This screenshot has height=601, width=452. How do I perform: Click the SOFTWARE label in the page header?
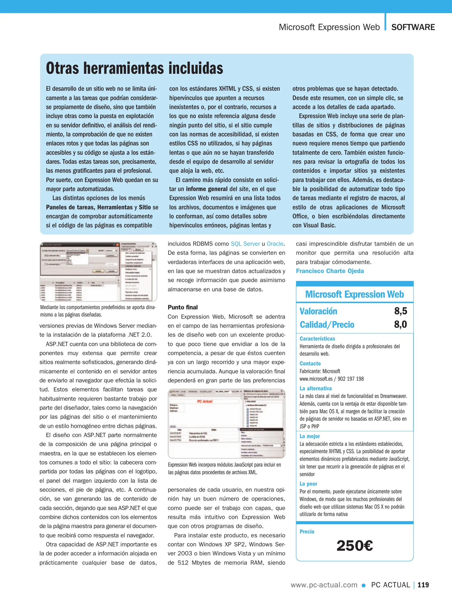[413, 27]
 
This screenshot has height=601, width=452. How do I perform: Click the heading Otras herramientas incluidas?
[134, 68]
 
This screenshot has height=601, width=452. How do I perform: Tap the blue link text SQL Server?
[245, 244]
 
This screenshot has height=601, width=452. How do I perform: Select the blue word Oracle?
[275, 244]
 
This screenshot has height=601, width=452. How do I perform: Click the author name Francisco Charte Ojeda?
[330, 271]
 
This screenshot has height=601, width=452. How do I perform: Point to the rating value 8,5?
[401, 311]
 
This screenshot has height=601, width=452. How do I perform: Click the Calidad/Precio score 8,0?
[401, 324]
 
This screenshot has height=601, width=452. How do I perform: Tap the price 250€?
[354, 546]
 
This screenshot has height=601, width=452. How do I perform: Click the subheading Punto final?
[182, 307]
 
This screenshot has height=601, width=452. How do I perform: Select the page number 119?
[423, 585]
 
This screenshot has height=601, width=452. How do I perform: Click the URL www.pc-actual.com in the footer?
[324, 585]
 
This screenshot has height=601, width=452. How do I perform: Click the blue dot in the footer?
[363, 585]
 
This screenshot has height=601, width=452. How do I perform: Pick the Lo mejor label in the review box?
[310, 436]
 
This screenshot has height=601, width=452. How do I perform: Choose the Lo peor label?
[308, 484]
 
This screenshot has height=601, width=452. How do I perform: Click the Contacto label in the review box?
[310, 363]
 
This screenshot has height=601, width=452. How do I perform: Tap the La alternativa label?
[315, 388]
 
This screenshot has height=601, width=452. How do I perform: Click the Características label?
[317, 339]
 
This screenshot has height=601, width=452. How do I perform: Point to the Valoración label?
[318, 311]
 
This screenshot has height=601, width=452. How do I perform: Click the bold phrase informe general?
[207, 189]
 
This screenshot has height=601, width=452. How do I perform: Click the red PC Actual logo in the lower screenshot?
[205, 402]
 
